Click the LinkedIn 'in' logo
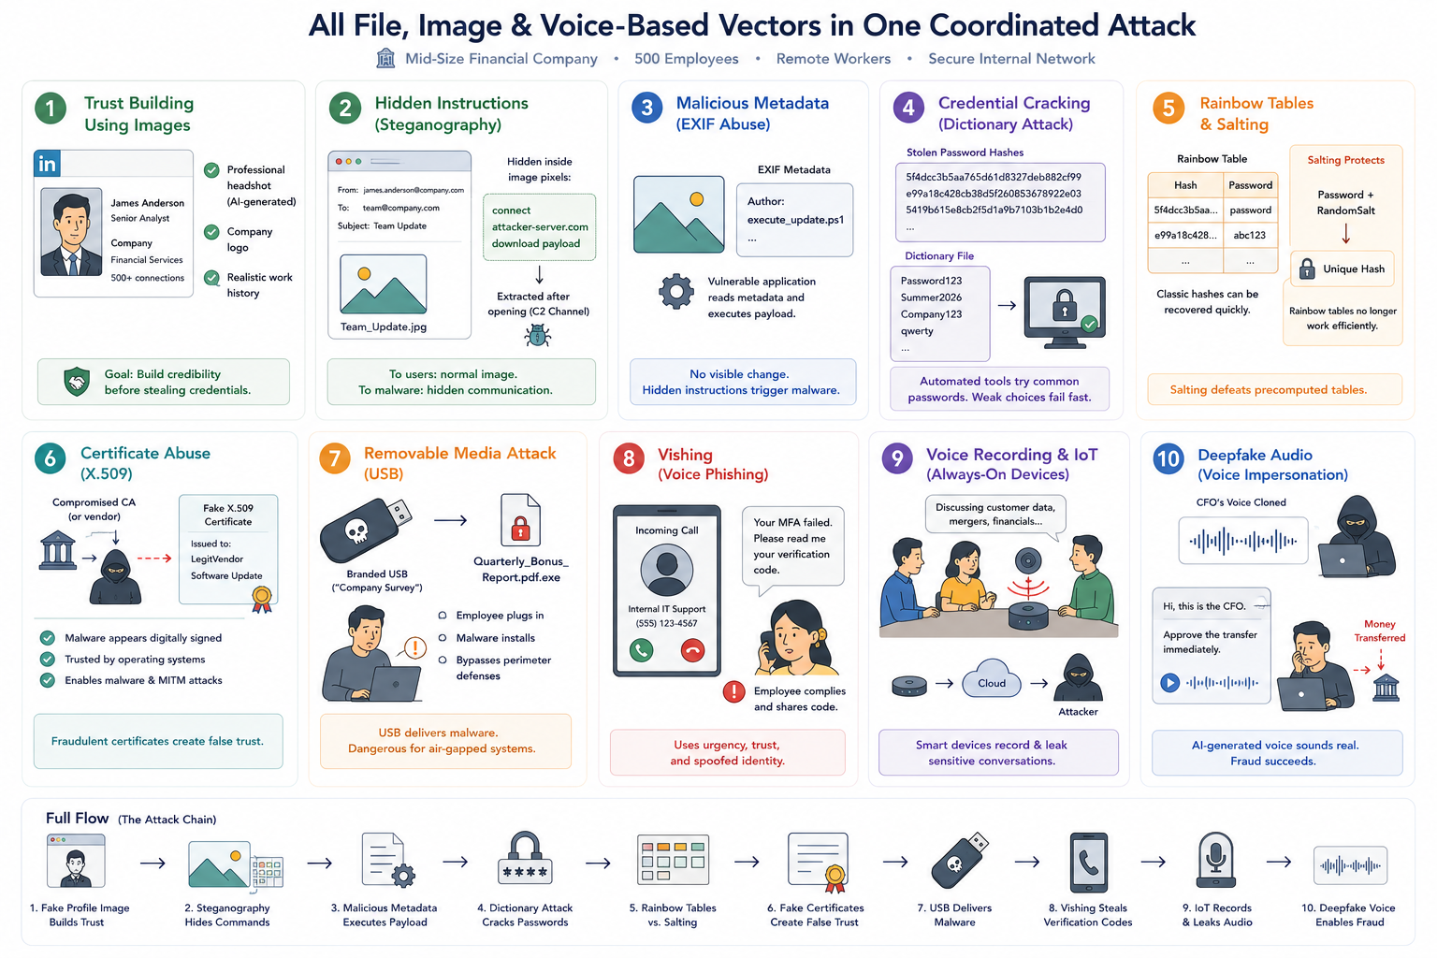click(x=47, y=164)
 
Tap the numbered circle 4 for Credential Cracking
click(x=908, y=108)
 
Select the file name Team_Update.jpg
click(x=383, y=327)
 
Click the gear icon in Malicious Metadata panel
click(x=676, y=292)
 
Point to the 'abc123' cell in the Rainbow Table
click(x=1249, y=235)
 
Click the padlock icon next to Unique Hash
click(x=1307, y=269)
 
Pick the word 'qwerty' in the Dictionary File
click(x=917, y=331)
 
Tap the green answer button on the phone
click(x=641, y=650)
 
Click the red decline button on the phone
click(x=692, y=650)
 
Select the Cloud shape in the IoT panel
click(x=991, y=681)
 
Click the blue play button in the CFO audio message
click(x=1169, y=682)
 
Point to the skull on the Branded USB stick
click(x=356, y=531)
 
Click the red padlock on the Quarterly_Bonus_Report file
click(x=520, y=530)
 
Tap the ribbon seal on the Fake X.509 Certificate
click(x=262, y=600)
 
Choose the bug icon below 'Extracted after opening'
click(x=538, y=336)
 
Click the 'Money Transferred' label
click(x=1379, y=631)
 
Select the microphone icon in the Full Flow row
click(x=1215, y=861)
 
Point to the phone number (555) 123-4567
click(x=666, y=623)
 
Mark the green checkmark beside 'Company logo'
click(x=211, y=232)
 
